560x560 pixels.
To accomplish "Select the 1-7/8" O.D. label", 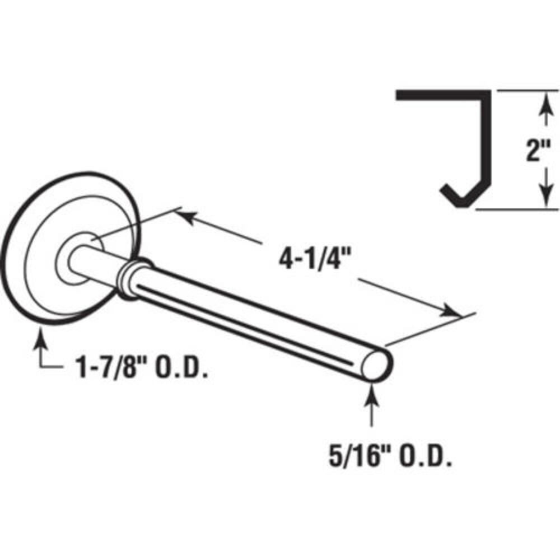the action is point(142,367).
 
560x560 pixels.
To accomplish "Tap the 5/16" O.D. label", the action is point(390,456).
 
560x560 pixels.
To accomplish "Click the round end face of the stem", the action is point(376,365).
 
